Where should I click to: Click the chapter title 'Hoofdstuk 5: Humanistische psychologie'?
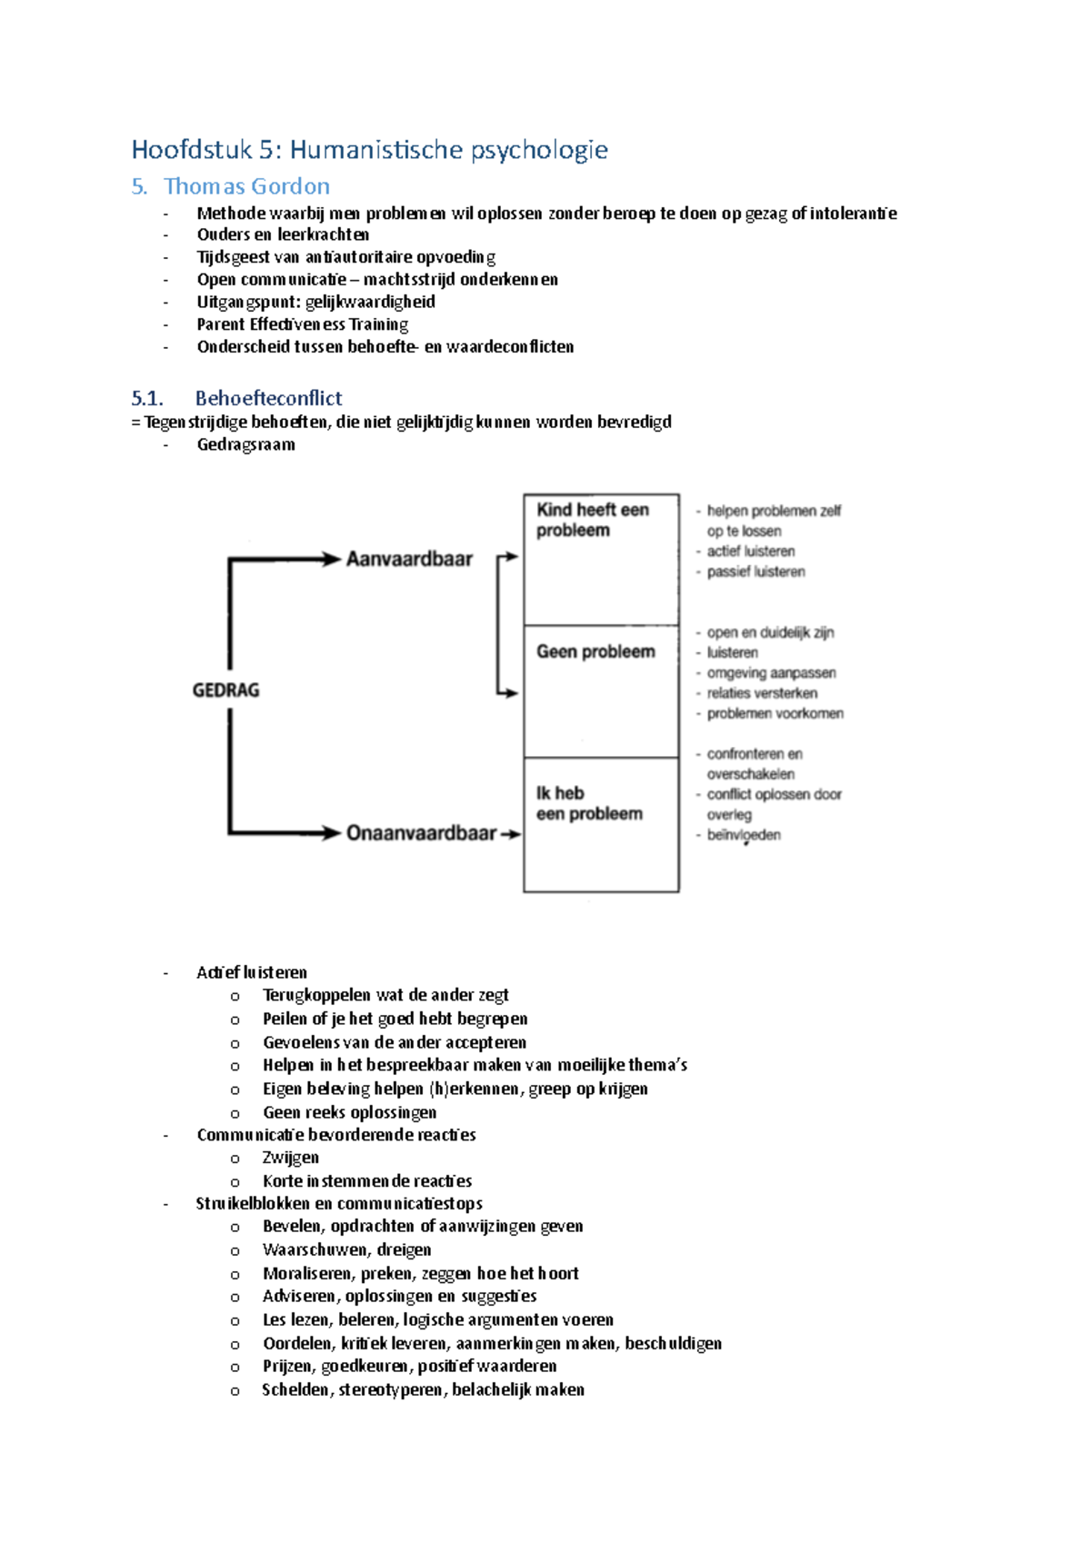369,149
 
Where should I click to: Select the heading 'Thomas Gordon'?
246,186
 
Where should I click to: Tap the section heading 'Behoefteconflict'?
268,398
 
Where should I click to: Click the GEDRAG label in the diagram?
225,691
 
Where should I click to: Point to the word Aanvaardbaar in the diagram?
409,559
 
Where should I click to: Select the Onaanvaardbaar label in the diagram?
421,833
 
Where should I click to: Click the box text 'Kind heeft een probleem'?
591,520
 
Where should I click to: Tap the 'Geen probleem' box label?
595,652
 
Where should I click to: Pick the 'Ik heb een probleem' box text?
588,803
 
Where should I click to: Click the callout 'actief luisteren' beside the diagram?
751,552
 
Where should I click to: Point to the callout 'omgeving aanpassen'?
771,673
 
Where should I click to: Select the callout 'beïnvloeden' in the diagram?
744,835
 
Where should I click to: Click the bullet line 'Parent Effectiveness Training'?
302,324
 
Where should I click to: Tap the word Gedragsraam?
245,444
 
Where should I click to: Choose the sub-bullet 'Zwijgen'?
290,1158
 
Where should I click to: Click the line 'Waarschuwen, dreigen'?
346,1249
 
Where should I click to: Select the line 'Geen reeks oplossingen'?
349,1112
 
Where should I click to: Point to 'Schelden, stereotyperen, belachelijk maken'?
423,1389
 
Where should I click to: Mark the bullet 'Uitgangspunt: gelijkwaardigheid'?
315,302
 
